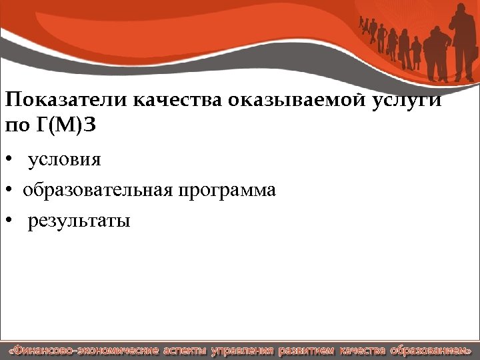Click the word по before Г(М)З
tap(18, 125)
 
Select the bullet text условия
tap(64, 160)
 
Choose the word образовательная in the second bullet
tap(99, 191)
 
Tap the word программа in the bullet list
tap(227, 191)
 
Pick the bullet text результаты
tap(79, 221)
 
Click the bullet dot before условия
tap(9, 161)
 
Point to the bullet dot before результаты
tap(9, 221)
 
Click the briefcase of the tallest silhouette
tap(475, 57)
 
